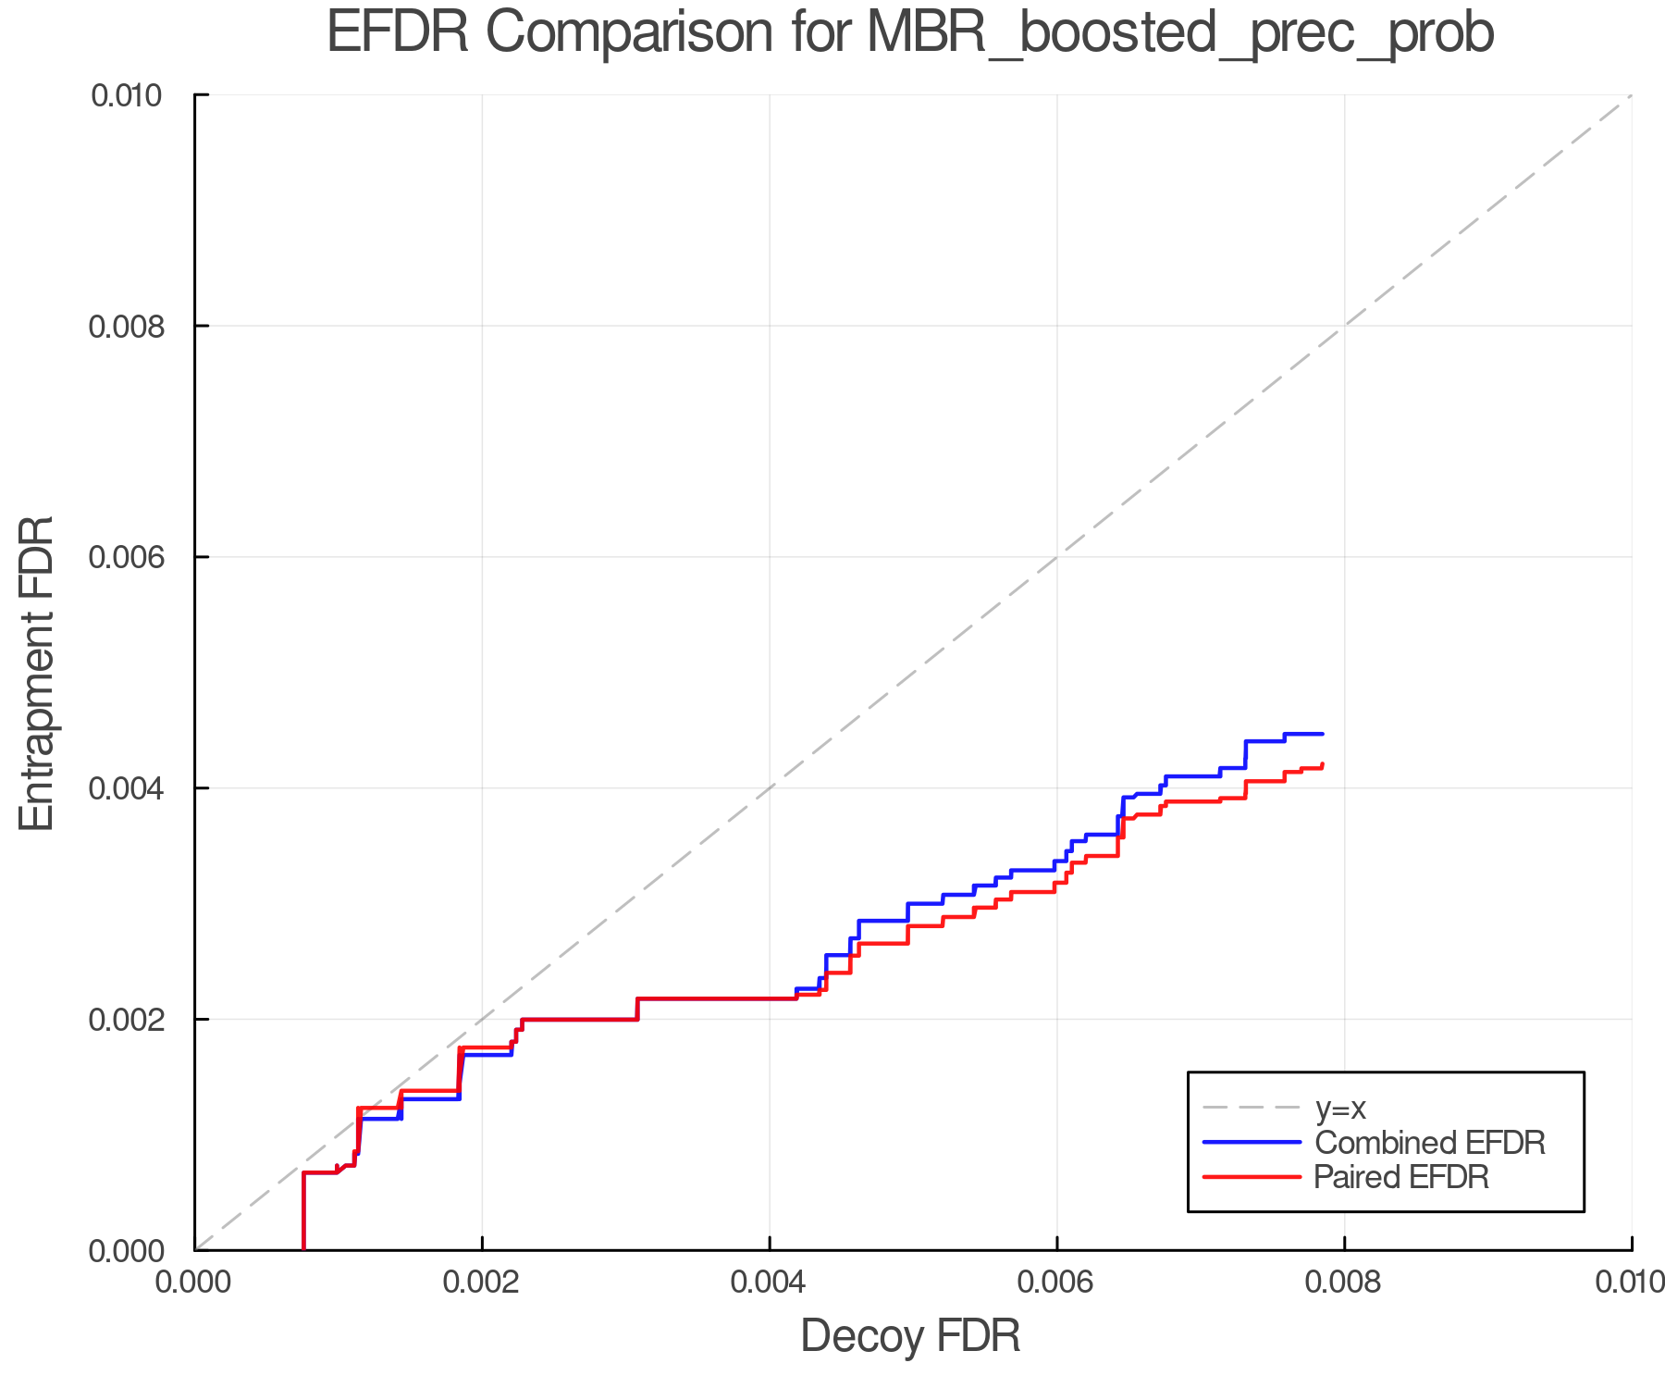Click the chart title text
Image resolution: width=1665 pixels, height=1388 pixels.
tap(910, 33)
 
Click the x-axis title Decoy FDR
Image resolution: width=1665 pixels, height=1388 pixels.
tap(910, 1336)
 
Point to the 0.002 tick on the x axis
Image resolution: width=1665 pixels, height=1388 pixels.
tap(482, 1282)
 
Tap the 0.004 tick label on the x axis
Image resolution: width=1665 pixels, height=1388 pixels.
tap(770, 1282)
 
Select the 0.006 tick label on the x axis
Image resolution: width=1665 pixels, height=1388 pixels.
tap(1057, 1282)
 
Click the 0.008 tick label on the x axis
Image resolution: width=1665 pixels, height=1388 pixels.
tap(1344, 1282)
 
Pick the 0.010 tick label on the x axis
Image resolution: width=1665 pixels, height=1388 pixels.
tap(1630, 1282)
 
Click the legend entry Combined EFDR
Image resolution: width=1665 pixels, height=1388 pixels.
tap(1429, 1143)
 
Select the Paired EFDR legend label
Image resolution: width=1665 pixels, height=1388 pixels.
tap(1401, 1177)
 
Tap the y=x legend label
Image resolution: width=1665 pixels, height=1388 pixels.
tap(1340, 1109)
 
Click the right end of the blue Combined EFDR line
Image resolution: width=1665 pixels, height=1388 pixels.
tap(1323, 734)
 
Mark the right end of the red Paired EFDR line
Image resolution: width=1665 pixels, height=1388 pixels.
tap(1323, 764)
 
